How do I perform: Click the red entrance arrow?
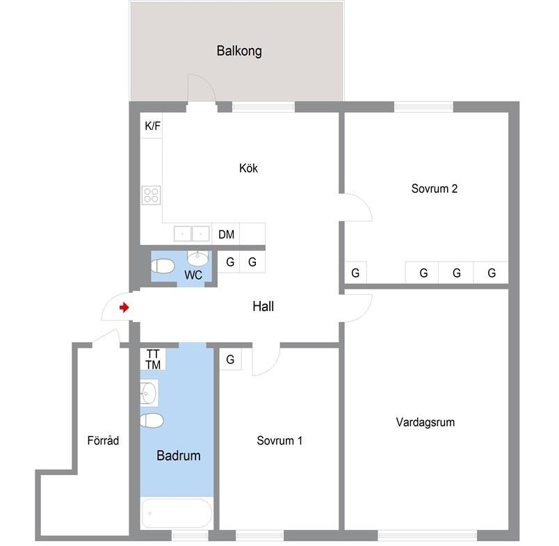click(x=124, y=307)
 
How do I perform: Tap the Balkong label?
click(x=239, y=51)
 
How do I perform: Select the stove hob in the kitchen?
click(x=151, y=195)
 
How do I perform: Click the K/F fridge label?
click(x=152, y=125)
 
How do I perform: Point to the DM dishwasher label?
click(x=226, y=234)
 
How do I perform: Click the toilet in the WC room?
click(x=162, y=266)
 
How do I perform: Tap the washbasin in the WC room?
click(x=198, y=258)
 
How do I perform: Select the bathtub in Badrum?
click(x=177, y=513)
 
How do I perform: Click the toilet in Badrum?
click(x=152, y=421)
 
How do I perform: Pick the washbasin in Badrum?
click(x=149, y=394)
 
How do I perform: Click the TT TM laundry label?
click(x=153, y=360)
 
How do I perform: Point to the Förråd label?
click(x=103, y=440)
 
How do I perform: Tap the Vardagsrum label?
click(x=426, y=422)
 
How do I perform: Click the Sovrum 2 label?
click(x=435, y=188)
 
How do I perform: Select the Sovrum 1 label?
click(x=279, y=440)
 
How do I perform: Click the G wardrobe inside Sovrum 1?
click(x=230, y=359)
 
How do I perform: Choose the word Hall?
click(x=263, y=306)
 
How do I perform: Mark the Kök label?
click(x=248, y=168)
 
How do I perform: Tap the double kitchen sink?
click(x=191, y=234)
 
